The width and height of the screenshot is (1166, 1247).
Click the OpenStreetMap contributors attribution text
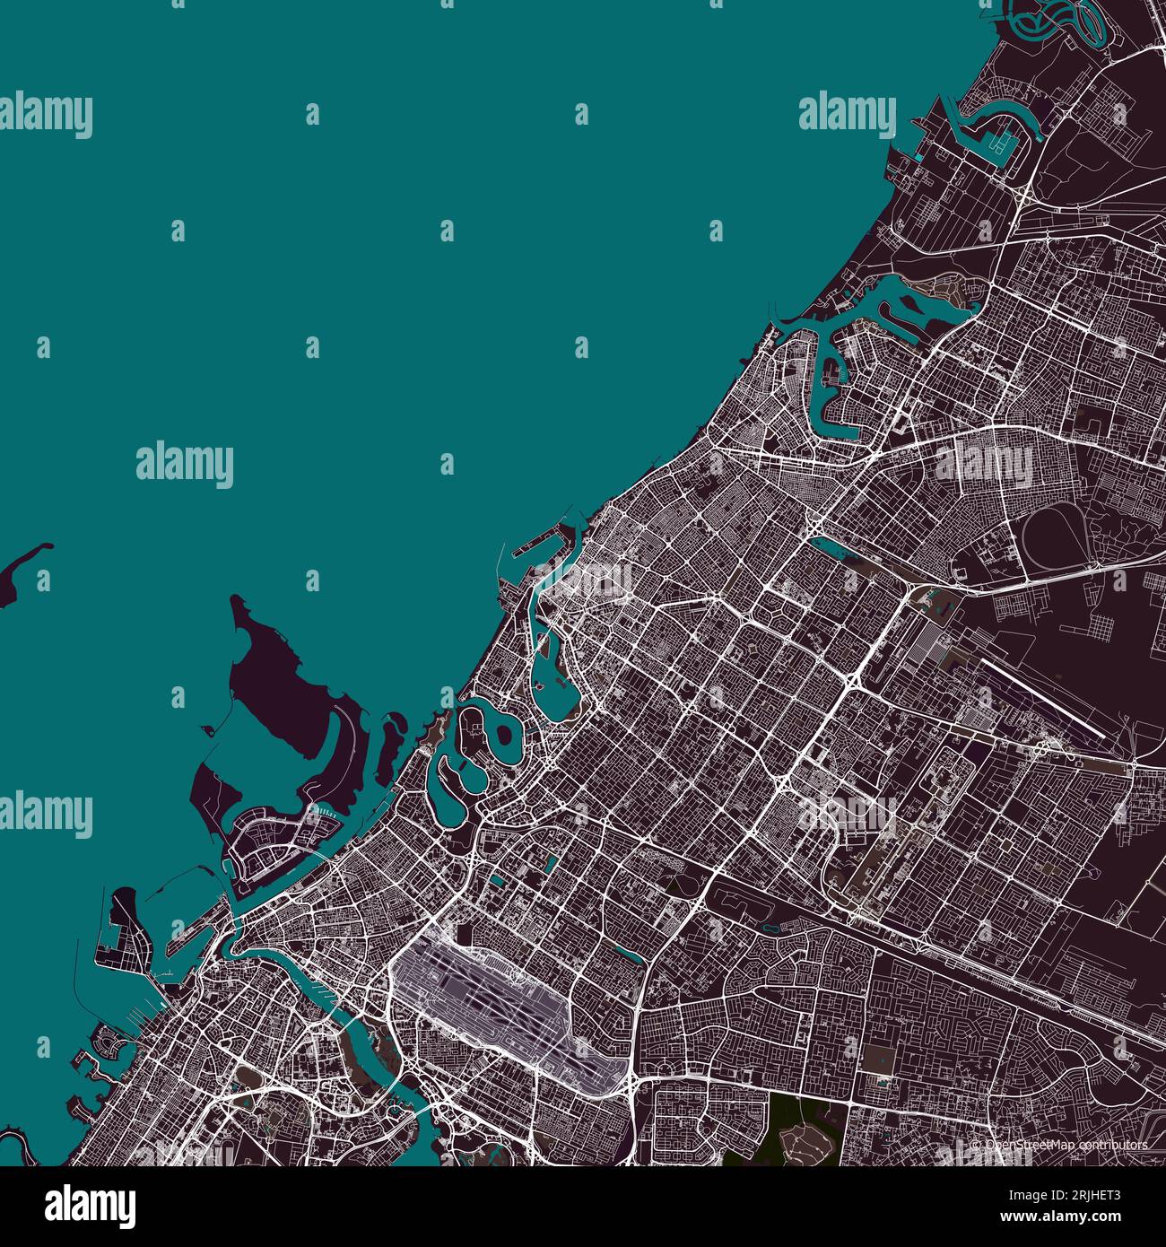[1058, 1146]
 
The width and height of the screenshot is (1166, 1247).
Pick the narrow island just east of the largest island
[390, 745]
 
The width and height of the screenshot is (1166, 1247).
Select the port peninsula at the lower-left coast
[126, 933]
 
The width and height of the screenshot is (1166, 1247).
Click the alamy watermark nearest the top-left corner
[45, 117]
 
